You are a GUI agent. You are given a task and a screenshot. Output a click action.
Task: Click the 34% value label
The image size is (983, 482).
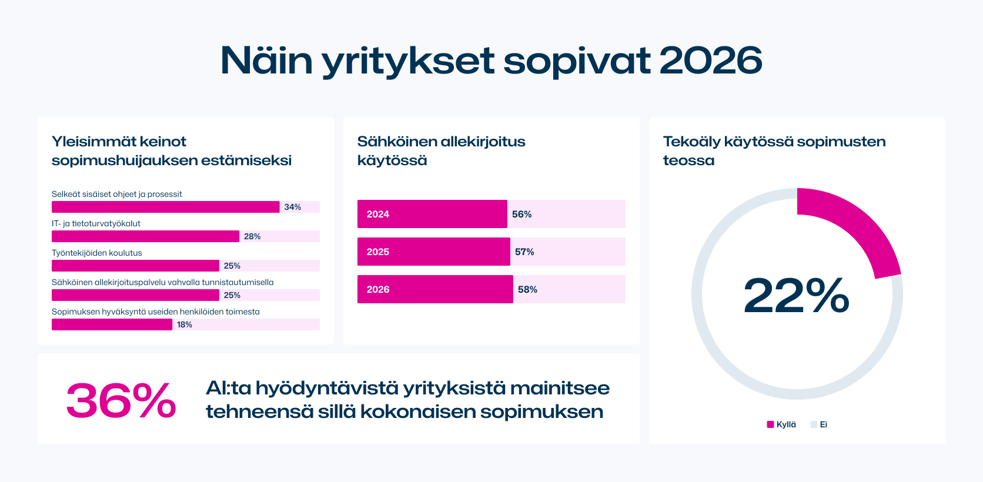pyautogui.click(x=292, y=207)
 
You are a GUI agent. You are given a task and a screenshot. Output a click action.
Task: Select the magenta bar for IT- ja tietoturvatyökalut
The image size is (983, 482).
pyautogui.click(x=145, y=236)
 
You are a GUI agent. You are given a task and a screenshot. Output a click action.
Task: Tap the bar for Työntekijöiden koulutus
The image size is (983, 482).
pyautogui.click(x=135, y=266)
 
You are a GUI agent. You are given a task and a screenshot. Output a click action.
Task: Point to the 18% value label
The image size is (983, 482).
pyautogui.click(x=184, y=324)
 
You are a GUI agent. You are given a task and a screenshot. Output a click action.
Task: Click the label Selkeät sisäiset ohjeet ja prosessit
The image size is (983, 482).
pyautogui.click(x=116, y=194)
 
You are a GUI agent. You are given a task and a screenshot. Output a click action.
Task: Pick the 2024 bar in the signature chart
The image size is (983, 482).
pyautogui.click(x=432, y=214)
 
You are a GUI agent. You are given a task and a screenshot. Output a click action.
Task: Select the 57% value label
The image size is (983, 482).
pyautogui.click(x=524, y=252)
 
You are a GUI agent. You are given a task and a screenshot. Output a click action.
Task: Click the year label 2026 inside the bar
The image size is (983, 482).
pyautogui.click(x=378, y=289)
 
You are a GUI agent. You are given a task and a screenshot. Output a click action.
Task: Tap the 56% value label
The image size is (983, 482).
pyautogui.click(x=521, y=214)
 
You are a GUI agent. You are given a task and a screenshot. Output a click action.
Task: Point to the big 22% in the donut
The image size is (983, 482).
pyautogui.click(x=797, y=295)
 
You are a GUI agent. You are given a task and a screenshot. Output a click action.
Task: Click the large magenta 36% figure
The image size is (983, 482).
pyautogui.click(x=121, y=401)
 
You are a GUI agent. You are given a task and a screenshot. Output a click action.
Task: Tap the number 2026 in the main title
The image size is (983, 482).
pyautogui.click(x=711, y=60)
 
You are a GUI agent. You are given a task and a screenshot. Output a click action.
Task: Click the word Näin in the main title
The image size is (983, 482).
pyautogui.click(x=266, y=60)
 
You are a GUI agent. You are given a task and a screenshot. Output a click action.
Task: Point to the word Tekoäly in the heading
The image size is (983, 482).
pyautogui.click(x=691, y=142)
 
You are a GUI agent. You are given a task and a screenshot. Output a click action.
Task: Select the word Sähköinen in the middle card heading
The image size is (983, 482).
pyautogui.click(x=397, y=142)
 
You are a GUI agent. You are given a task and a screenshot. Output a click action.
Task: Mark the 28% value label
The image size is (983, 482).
pyautogui.click(x=252, y=236)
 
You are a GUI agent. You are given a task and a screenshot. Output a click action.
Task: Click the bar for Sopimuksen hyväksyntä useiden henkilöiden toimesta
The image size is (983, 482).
pyautogui.click(x=112, y=324)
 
